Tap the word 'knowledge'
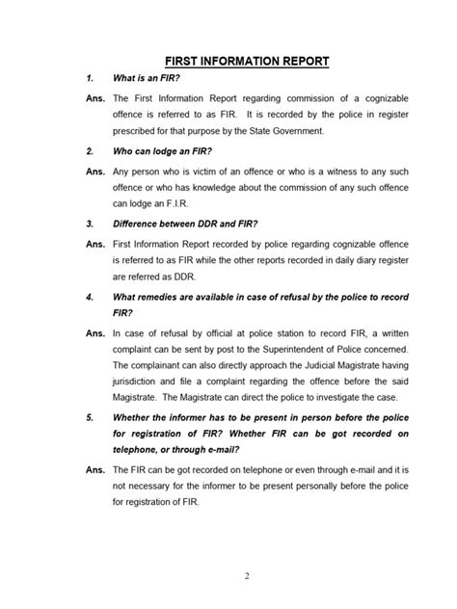pos(218,186)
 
